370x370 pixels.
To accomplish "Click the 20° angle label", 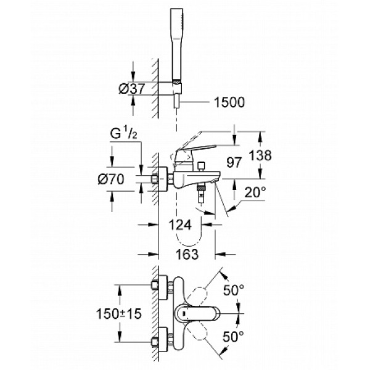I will coord(255,193).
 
